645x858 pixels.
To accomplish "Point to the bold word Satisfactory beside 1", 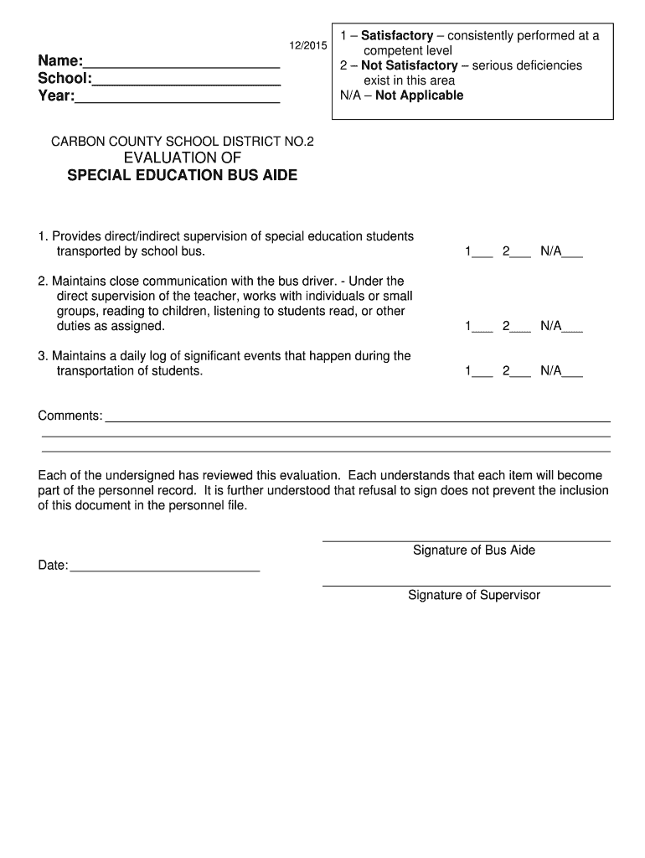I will [397, 36].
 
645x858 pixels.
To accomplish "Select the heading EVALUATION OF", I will [183, 158].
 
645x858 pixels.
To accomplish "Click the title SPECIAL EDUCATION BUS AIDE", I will [182, 176].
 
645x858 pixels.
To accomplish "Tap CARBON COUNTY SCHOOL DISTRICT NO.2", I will [183, 142].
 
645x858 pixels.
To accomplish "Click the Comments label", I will [70, 416].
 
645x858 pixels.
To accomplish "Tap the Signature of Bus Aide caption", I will [473, 550].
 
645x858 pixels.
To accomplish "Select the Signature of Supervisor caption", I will [474, 596].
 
